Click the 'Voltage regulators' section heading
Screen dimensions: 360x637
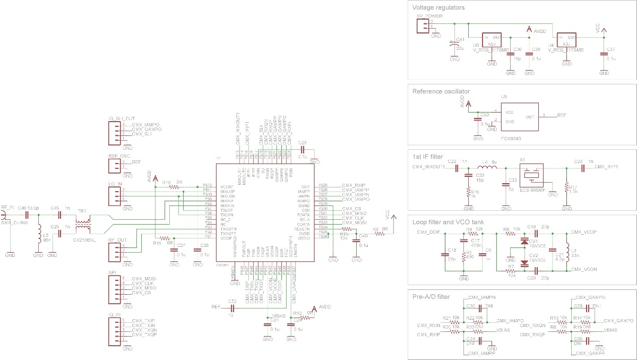coord(438,8)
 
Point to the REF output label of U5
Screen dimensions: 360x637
coord(561,115)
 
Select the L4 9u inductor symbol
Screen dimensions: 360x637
coord(488,168)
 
